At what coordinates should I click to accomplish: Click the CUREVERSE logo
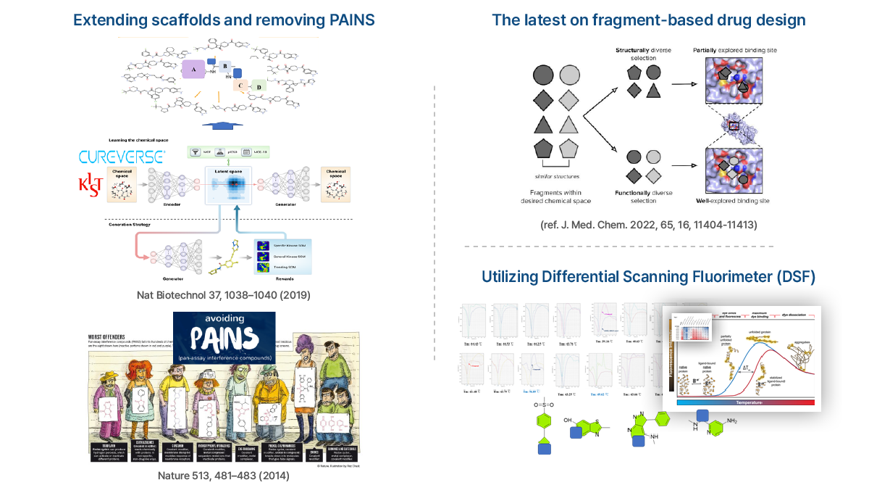[x=122, y=156]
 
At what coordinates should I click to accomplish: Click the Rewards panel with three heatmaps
[x=283, y=258]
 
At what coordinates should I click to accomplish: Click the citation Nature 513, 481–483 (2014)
[x=224, y=476]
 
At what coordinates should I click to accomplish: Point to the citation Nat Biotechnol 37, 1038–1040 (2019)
[x=224, y=295]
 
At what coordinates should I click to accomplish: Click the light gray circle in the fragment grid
[x=571, y=74]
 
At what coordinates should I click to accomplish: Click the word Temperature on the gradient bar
[x=745, y=402]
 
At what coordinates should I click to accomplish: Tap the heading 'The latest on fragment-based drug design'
[x=648, y=20]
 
